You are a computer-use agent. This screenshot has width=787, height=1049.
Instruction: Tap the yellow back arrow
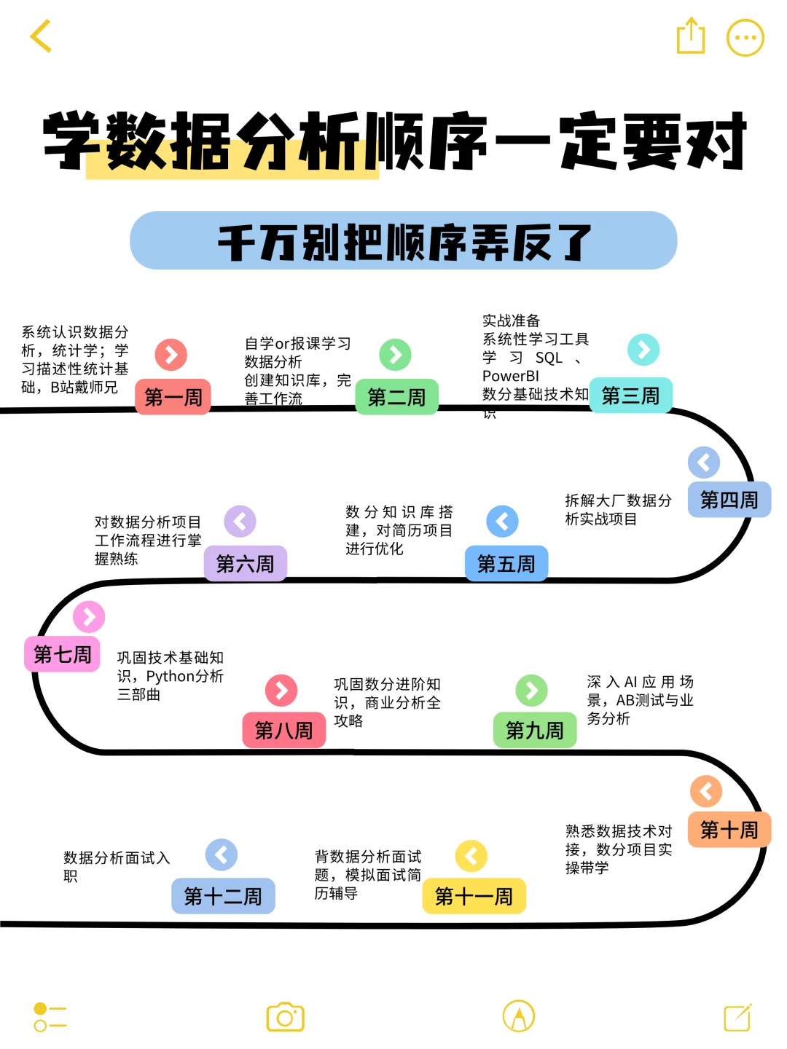pyautogui.click(x=41, y=36)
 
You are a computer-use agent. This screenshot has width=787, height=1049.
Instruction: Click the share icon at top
pyautogui.click(x=690, y=36)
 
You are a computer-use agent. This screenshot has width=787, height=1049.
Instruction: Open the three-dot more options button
pyautogui.click(x=745, y=38)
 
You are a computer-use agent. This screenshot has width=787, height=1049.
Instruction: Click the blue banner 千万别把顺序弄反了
pyautogui.click(x=403, y=241)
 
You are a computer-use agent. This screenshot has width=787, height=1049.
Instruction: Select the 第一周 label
pyautogui.click(x=173, y=397)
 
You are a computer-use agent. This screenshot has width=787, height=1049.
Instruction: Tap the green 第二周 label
pyautogui.click(x=396, y=397)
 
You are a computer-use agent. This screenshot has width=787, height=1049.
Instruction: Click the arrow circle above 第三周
pyautogui.click(x=643, y=350)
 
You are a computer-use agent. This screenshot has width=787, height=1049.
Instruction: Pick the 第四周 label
pyautogui.click(x=729, y=500)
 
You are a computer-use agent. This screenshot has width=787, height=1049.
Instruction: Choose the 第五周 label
pyautogui.click(x=506, y=563)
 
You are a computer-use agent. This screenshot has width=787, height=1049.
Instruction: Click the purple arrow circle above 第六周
pyautogui.click(x=240, y=522)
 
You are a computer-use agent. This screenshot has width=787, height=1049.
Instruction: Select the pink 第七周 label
pyautogui.click(x=63, y=654)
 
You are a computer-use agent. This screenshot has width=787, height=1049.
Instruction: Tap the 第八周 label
pyautogui.click(x=283, y=730)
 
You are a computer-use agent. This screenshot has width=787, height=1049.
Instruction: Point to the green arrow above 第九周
pyautogui.click(x=531, y=691)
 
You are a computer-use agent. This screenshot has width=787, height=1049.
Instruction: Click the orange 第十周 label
pyautogui.click(x=729, y=830)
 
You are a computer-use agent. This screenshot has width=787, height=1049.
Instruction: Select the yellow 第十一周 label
pyautogui.click(x=474, y=896)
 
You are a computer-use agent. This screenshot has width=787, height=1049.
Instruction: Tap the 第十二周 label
pyautogui.click(x=223, y=896)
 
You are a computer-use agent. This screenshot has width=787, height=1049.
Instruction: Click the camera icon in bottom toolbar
pyautogui.click(x=285, y=1017)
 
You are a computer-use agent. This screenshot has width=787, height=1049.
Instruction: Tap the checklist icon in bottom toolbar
pyautogui.click(x=50, y=1017)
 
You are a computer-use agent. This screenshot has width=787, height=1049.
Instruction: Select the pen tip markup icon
pyautogui.click(x=519, y=1016)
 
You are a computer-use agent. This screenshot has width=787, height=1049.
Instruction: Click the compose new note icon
pyautogui.click(x=737, y=1017)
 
